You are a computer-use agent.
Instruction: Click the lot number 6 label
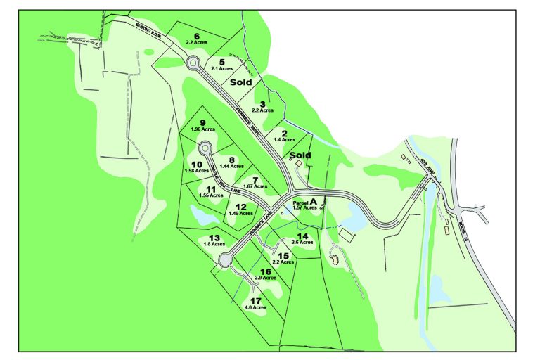pos(196,36)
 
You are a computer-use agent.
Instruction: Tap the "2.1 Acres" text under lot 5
pos(221,68)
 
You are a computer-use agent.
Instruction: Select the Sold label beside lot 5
pos(241,82)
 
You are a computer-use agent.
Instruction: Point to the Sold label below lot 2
pos(300,155)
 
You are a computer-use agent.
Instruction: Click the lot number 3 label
pos(262,103)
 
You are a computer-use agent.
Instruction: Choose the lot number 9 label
pos(202,122)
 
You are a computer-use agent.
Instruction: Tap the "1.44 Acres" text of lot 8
pos(232,166)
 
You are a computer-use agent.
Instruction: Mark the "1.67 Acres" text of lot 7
pos(255,186)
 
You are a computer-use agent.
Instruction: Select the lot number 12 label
pos(240,206)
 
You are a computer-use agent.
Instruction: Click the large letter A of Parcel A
pos(314,201)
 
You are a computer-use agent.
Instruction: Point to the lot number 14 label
pos(302,236)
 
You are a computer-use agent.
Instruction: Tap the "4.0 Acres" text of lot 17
pos(255,307)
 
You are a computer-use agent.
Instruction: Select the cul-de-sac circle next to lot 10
pos(205,148)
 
